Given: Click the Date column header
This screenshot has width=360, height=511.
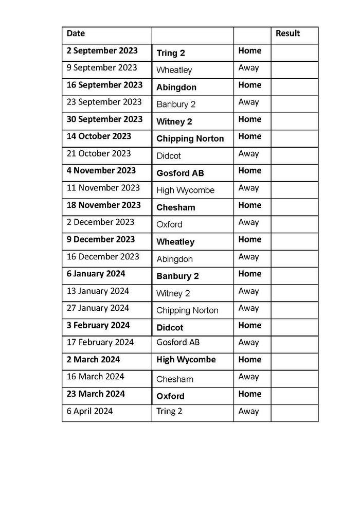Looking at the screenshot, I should coord(76,33).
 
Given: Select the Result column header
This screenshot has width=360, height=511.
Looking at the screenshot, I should coord(287,33).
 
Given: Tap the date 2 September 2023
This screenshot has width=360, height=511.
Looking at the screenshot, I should coord(102,50).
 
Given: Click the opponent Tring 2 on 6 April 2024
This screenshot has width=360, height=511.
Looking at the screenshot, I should coord(169,411).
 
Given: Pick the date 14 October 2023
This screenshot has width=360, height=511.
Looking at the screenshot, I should coord(99,136).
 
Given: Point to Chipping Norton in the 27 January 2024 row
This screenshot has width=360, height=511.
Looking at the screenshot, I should coord(187,310).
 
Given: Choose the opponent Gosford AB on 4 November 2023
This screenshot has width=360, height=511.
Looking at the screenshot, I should coord(180,173).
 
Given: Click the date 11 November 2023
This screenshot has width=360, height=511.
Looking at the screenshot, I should coord(103,188).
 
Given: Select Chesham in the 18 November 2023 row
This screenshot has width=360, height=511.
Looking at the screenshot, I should coord(176,207).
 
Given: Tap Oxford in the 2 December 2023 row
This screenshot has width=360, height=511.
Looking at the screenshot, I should coord(169,224).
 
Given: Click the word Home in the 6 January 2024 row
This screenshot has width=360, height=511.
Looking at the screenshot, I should coord(250,274).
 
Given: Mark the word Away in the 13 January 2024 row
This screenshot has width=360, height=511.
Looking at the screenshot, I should coord(248,291).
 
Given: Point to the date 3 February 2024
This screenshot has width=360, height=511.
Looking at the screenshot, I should coord(98,325).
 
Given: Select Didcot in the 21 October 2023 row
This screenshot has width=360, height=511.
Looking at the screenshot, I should coord(169,156).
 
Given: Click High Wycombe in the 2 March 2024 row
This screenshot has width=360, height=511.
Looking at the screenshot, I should coord(186,360).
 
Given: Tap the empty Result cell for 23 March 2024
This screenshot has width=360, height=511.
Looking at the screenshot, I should coord(294,395).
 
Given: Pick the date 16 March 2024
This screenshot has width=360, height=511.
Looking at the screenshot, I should coord(95,377).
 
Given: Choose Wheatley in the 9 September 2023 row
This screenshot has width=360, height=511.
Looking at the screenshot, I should coord(174,70).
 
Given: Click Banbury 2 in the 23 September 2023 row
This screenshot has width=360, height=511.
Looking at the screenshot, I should coord(176,104).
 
